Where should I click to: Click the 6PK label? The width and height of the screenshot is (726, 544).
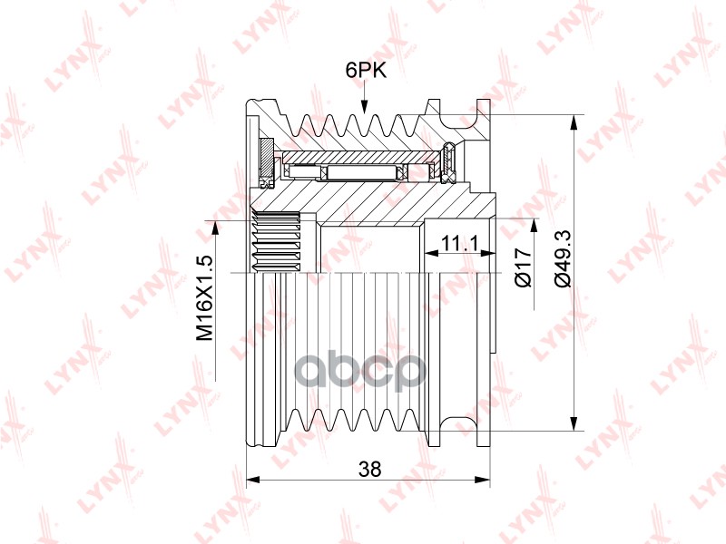pos(366,71)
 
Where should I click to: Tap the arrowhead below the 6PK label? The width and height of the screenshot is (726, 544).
pos(365,106)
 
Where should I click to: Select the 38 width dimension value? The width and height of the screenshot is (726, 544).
pos(370,469)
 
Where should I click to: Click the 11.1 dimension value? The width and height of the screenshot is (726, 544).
pos(459,243)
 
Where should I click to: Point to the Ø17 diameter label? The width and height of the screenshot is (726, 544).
pos(524,267)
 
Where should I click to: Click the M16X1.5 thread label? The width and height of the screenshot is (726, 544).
pos(205,298)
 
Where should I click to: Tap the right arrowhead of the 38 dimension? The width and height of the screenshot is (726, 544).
pos(483,481)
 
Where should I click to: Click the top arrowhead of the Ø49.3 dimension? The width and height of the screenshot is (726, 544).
pos(574,122)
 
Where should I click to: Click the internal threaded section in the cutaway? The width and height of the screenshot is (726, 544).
pos(277,240)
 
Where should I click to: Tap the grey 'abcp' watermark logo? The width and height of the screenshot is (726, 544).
pos(360,371)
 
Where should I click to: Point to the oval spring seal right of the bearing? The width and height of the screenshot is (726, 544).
pos(448,162)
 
